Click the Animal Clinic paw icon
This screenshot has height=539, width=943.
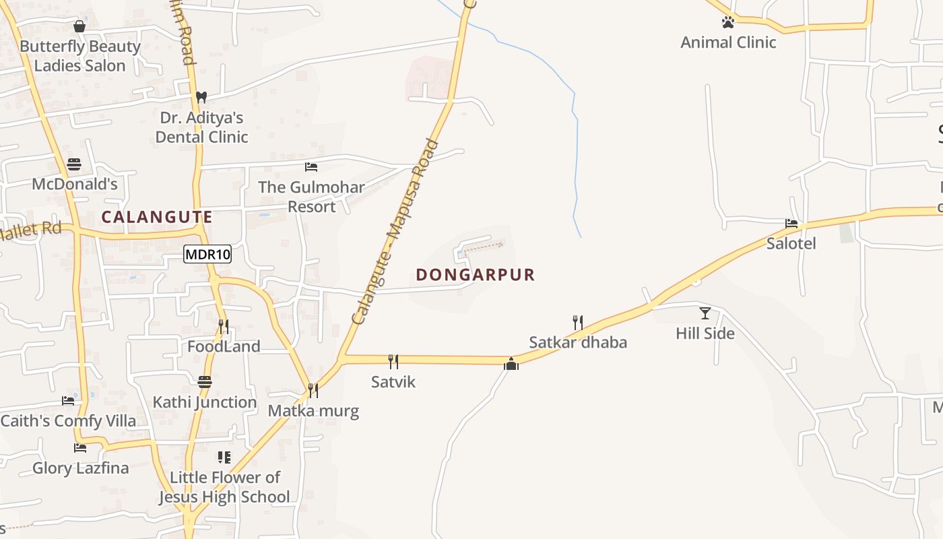(727, 22)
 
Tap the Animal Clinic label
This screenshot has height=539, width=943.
(728, 42)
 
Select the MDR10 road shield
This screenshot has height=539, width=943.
(207, 254)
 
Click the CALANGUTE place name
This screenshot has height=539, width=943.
(157, 217)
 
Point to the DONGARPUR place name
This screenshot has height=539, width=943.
(475, 275)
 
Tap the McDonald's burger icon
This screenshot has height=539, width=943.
(74, 164)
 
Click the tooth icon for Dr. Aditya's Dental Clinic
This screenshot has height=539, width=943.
(201, 97)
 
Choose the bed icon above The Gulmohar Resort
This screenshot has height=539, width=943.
(311, 166)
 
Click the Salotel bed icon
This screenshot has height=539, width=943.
(791, 223)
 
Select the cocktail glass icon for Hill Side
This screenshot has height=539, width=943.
(705, 313)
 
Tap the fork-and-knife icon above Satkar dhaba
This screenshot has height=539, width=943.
(577, 322)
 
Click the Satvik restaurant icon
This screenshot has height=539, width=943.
(393, 362)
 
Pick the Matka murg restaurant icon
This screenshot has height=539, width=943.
(313, 390)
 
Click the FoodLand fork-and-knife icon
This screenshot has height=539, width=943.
(224, 327)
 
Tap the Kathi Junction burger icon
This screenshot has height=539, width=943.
(205, 382)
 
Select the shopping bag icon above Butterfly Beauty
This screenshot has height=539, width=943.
(79, 26)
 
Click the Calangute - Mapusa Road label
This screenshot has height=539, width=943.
(396, 231)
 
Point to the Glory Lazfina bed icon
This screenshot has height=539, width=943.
(80, 447)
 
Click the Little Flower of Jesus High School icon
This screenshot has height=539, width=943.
(224, 457)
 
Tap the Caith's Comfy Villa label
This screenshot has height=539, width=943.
(68, 421)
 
